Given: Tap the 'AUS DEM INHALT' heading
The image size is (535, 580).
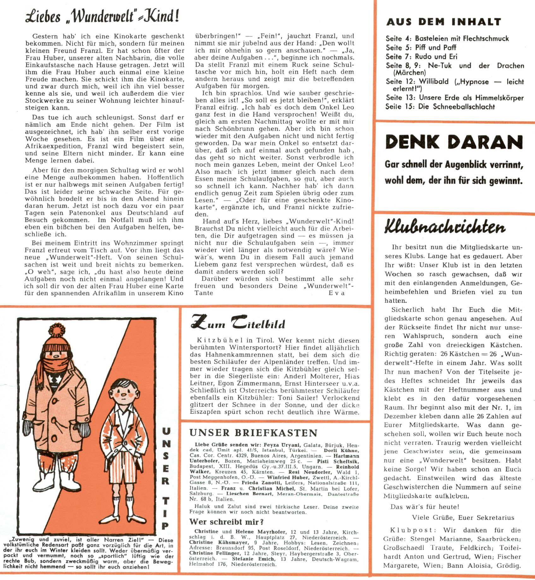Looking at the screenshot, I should [444, 22].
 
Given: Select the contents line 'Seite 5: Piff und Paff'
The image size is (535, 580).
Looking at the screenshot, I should [420, 48].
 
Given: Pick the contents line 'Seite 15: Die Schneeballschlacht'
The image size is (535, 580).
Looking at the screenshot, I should [440, 107].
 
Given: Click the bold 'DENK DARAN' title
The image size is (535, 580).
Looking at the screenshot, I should [454, 142].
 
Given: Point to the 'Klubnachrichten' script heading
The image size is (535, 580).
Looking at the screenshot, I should [444, 227].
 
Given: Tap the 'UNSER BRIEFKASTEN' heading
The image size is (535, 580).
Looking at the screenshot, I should [253, 433].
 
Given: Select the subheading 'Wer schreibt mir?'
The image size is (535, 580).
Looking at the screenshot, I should [226, 522].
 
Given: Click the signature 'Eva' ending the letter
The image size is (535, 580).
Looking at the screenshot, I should [337, 293].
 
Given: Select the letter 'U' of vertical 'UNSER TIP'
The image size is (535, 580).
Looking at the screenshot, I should [166, 431].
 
